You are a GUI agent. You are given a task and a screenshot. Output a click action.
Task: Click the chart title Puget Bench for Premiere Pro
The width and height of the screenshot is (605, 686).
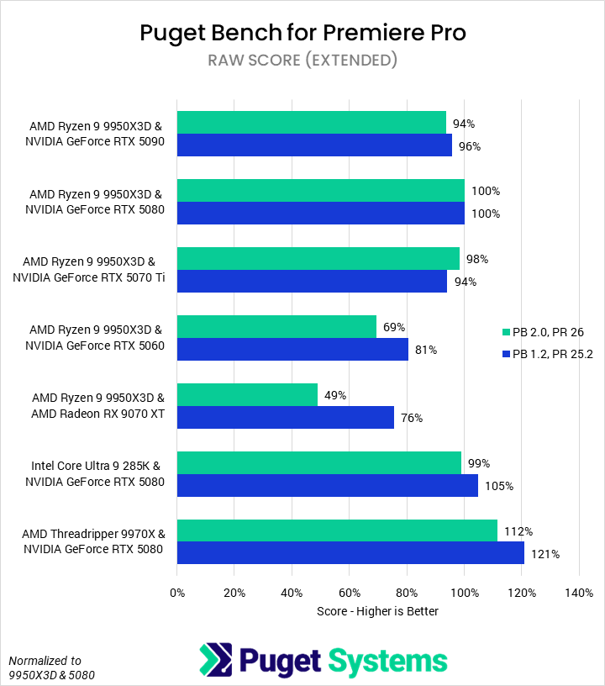[x=302, y=33]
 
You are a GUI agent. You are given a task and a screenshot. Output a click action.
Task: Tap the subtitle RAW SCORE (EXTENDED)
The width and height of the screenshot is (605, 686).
[x=302, y=61]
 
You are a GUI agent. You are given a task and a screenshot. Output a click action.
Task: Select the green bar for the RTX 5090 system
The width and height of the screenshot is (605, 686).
[x=312, y=123]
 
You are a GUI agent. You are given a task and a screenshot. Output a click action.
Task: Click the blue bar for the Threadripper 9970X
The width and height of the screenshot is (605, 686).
[x=350, y=553]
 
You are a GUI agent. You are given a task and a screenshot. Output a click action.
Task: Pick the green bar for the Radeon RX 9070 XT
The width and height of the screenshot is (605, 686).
[x=247, y=394]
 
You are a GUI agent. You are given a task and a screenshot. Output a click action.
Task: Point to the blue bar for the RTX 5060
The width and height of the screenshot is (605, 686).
[x=292, y=350]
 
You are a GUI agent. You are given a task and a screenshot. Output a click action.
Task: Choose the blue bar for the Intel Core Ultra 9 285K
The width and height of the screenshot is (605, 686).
[x=328, y=485]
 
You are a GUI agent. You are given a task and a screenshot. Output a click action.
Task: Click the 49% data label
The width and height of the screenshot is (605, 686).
[x=335, y=395]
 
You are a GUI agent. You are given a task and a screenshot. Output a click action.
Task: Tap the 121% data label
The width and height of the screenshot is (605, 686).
[x=544, y=554]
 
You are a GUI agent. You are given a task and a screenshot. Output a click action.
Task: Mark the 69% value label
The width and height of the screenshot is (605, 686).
[x=393, y=327]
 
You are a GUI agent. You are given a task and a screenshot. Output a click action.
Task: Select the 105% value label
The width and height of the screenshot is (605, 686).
[x=497, y=486]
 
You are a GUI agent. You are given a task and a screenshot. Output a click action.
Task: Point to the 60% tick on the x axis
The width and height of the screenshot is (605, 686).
[x=350, y=593]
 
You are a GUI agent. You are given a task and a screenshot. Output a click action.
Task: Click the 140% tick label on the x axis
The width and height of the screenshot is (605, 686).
[x=579, y=593]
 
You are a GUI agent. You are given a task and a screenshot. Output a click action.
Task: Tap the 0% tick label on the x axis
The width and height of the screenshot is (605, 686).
[x=177, y=593]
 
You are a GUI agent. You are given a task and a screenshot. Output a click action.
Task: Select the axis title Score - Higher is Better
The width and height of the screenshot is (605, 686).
[x=377, y=611]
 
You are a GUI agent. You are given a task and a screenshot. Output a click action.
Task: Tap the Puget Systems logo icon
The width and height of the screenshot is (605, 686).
[x=214, y=659]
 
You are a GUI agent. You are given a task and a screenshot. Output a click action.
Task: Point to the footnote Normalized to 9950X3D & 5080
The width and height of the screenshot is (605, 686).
[x=50, y=667]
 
